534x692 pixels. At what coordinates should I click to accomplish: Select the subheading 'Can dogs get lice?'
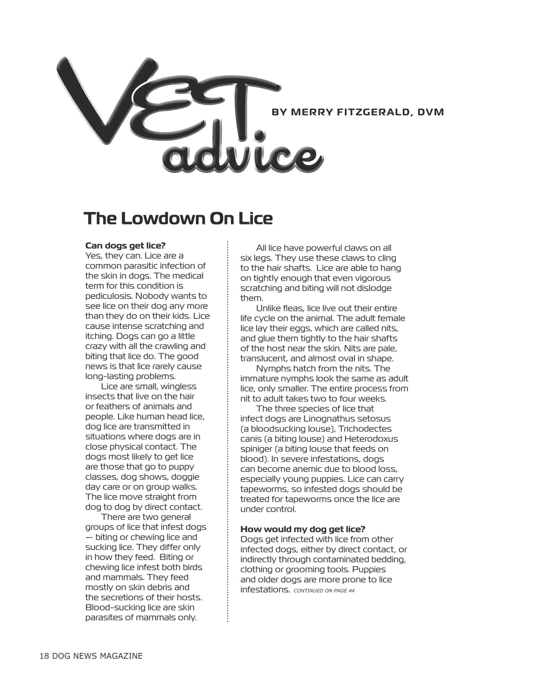(125, 246)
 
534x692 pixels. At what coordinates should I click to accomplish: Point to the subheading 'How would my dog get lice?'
(303, 529)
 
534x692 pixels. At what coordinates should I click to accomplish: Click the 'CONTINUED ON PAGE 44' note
(324, 591)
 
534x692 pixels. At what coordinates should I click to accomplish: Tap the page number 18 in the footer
(44, 656)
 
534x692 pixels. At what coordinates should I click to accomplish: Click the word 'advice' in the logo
(242, 157)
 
